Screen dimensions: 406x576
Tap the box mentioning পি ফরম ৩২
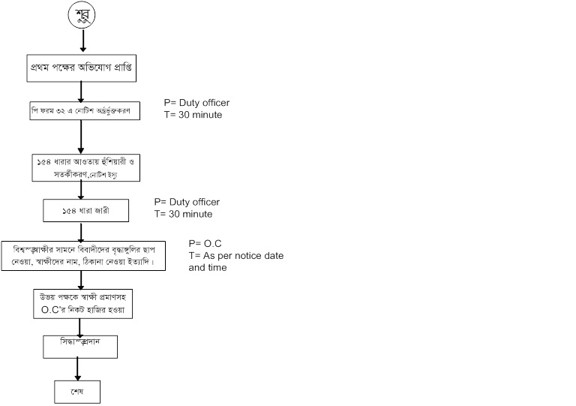pos(80,112)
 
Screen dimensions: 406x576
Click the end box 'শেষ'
pos(76,391)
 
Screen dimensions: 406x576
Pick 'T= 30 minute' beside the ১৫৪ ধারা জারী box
pos(183,214)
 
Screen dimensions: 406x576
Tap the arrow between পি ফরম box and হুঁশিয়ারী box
pos(79,138)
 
